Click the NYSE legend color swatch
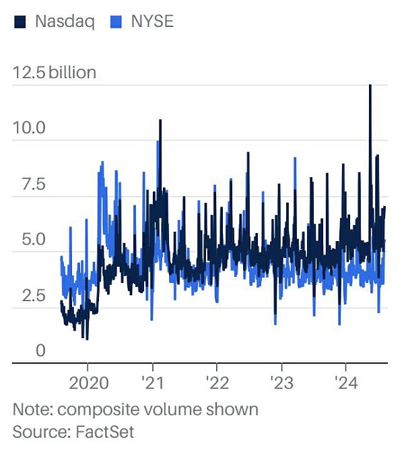115,22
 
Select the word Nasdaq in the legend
64,22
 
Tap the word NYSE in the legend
152,22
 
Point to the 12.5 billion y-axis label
55,72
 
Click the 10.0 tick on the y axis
28,127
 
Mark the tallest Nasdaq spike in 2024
370,86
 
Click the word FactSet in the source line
108,432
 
